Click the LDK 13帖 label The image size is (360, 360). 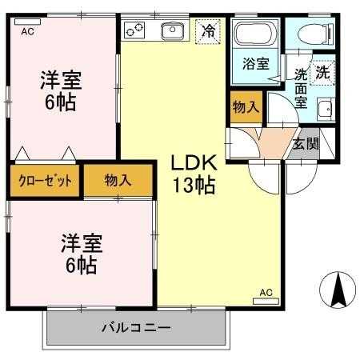(194, 174)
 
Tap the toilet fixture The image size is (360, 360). (316, 34)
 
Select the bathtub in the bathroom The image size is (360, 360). (255, 33)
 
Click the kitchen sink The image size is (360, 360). (173, 30)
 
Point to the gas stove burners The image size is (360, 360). (134, 30)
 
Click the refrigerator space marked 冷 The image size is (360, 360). (208, 31)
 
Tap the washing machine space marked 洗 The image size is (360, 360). (323, 73)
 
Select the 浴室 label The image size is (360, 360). (256, 64)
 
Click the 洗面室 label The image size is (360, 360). (301, 89)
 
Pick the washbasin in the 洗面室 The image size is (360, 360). (326, 110)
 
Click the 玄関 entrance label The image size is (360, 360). (306, 144)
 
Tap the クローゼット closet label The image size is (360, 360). (46, 181)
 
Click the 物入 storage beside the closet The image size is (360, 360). (118, 181)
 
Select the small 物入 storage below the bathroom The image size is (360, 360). (246, 107)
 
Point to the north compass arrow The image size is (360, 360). (338, 290)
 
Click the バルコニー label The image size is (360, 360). (136, 328)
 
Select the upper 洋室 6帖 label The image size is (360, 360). (61, 91)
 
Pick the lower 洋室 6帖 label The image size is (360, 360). (82, 254)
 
